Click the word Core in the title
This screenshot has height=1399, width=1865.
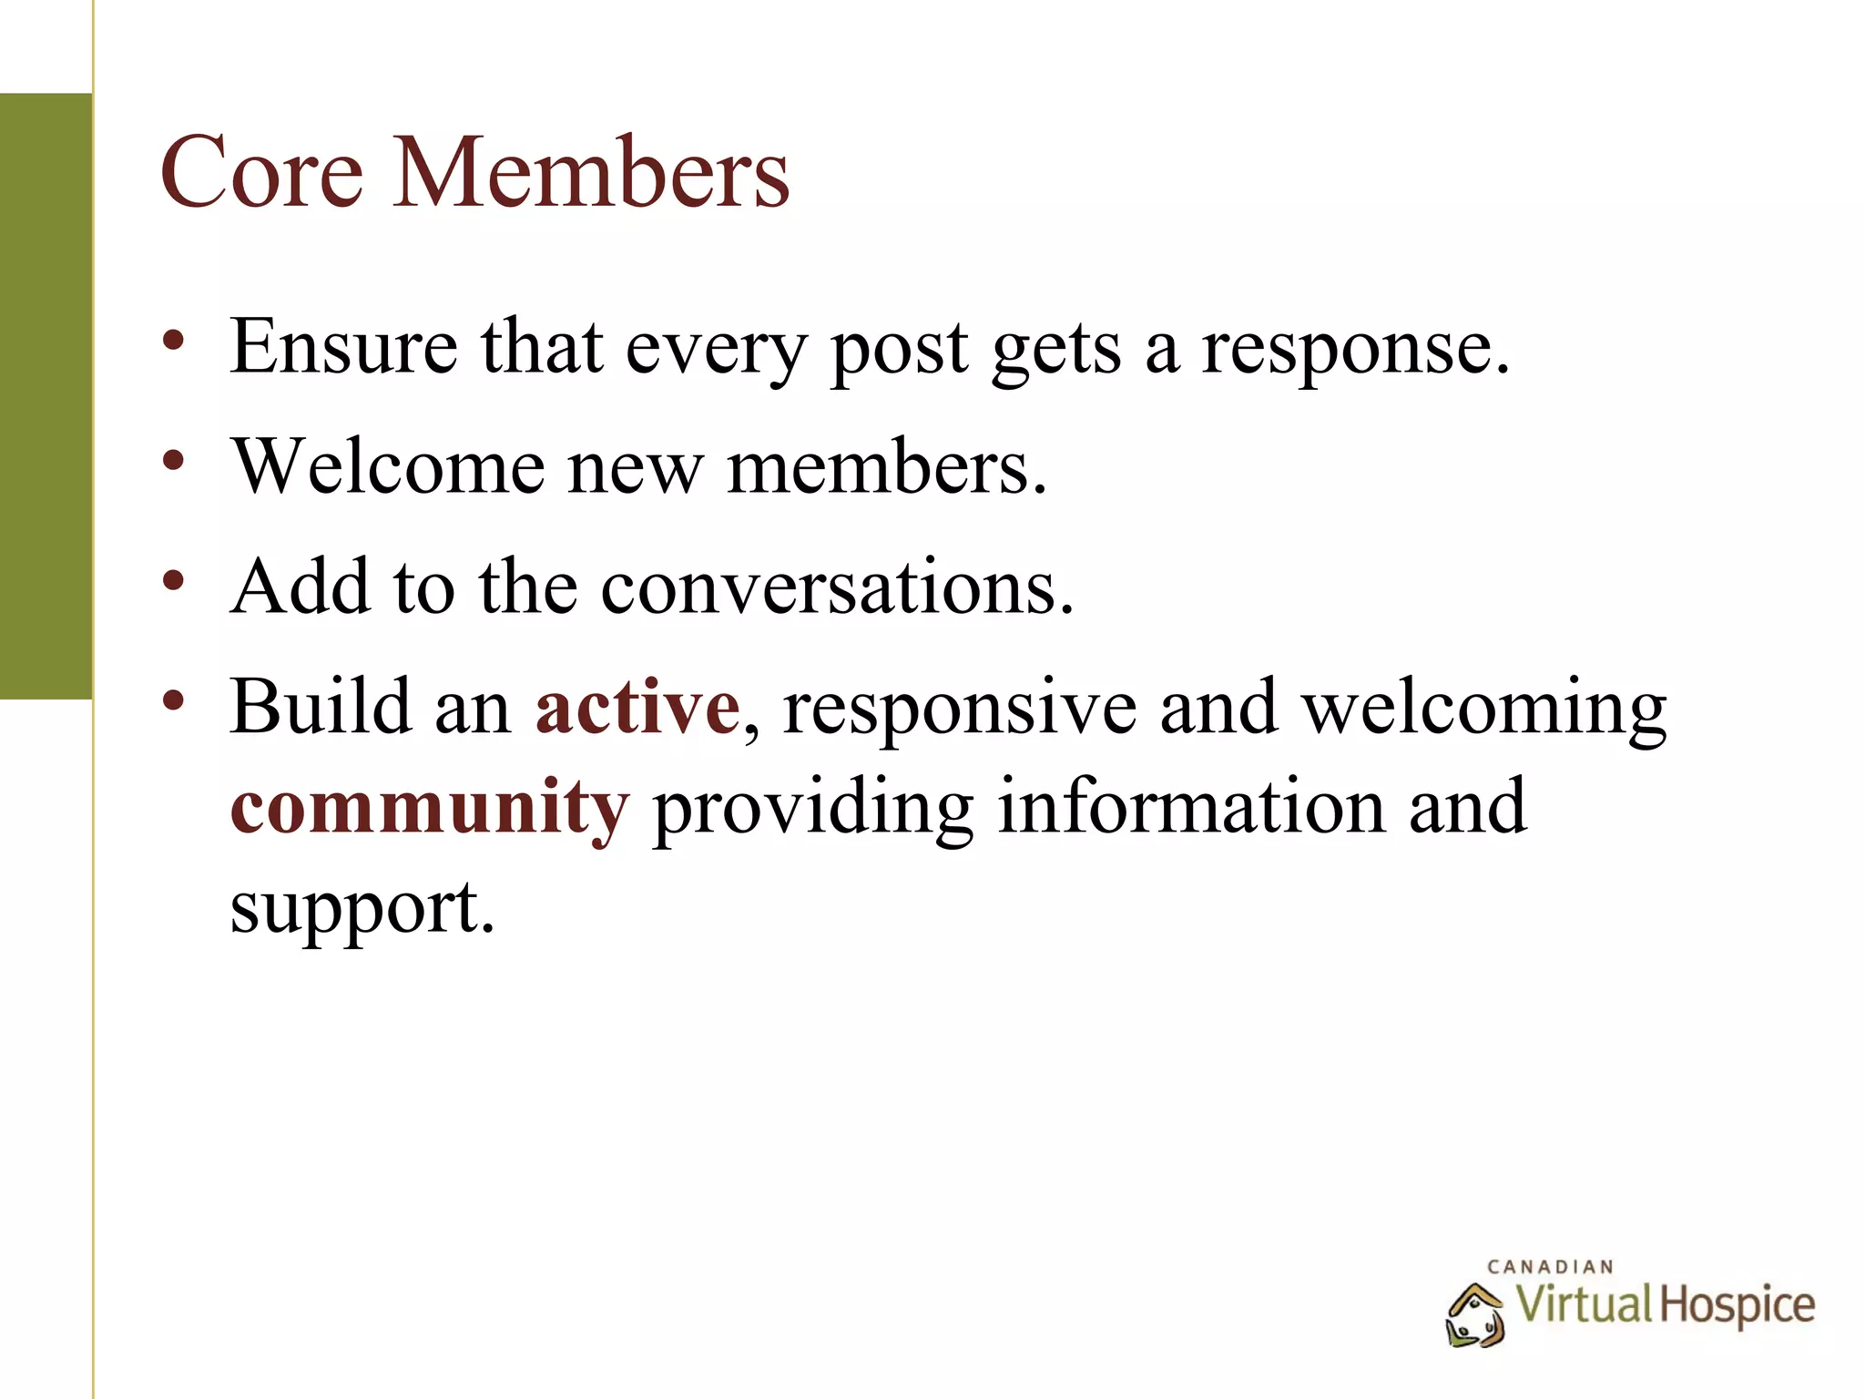pyautogui.click(x=261, y=173)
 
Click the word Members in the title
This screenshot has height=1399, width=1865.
pyautogui.click(x=592, y=173)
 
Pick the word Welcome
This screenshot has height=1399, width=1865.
pyautogui.click(x=388, y=466)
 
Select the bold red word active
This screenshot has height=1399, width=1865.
pyautogui.click(x=637, y=708)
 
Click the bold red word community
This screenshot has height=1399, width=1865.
pyautogui.click(x=429, y=809)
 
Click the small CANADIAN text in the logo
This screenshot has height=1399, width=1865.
pyautogui.click(x=1550, y=1267)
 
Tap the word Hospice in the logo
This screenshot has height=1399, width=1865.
pyautogui.click(x=1736, y=1305)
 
